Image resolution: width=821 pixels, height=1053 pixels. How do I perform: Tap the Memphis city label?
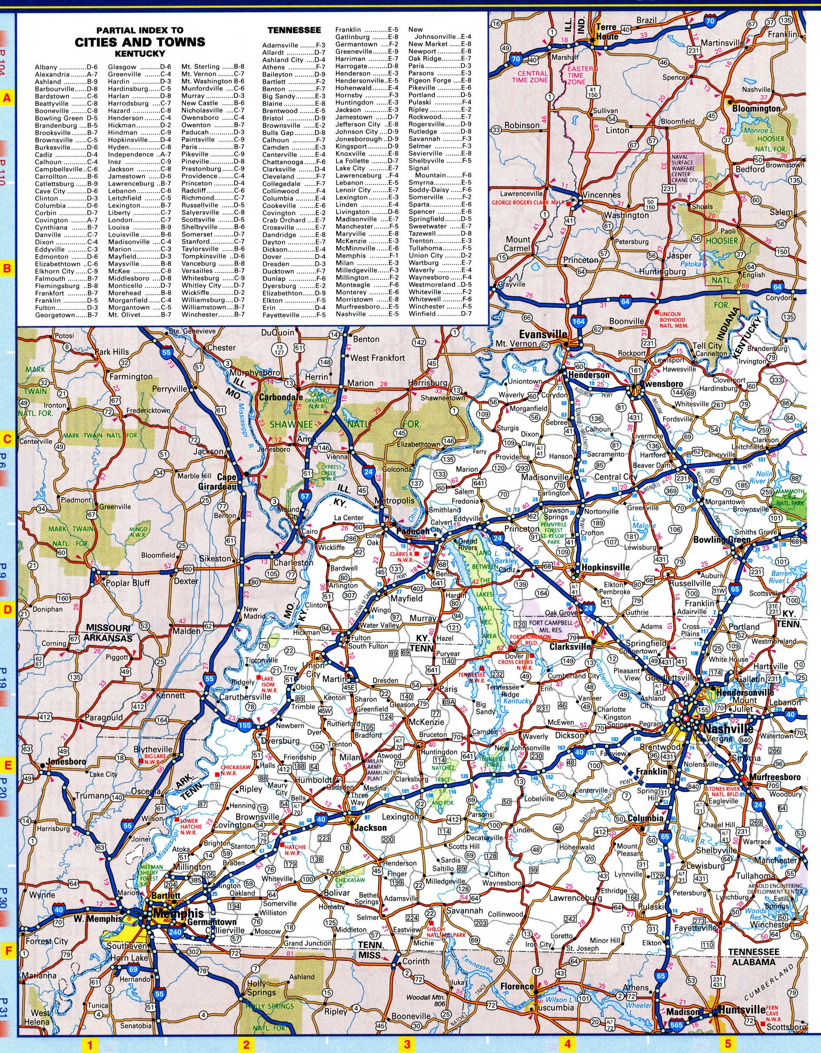[x=178, y=914]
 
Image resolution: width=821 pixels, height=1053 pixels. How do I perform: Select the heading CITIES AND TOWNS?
[x=139, y=42]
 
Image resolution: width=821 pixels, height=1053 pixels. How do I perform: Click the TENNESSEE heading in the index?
[x=294, y=30]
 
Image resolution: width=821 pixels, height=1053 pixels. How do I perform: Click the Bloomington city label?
[x=756, y=109]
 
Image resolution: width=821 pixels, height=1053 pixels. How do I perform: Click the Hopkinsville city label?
[x=606, y=567]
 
